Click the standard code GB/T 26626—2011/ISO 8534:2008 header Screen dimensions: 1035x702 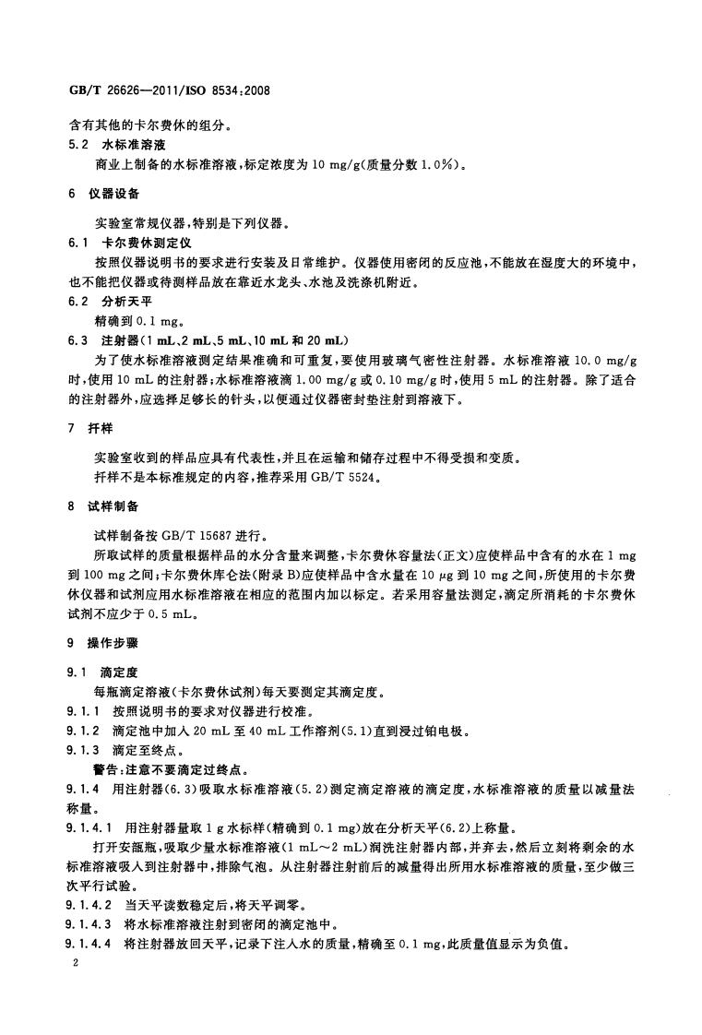169,92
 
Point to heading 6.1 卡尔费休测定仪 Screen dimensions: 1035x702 123,243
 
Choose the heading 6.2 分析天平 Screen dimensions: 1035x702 103,301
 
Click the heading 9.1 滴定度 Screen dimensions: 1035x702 101,672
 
